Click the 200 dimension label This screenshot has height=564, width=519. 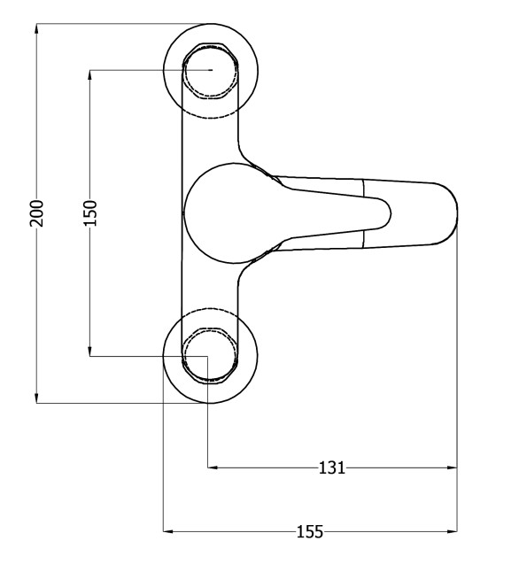36,213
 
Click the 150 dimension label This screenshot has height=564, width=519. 90,213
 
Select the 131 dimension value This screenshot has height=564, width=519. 332,468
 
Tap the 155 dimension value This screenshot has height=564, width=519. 310,531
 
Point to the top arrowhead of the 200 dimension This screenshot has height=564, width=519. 36,28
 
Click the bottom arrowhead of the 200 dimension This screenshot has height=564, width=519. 36,398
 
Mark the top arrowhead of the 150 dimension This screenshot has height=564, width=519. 90,75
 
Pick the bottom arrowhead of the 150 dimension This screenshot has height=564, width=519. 90,351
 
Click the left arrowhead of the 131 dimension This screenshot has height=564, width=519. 213,467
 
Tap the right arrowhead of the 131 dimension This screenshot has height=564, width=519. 452,467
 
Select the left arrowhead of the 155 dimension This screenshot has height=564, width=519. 169,531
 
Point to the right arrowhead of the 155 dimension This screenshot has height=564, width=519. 452,531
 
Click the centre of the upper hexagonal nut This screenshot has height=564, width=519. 211,70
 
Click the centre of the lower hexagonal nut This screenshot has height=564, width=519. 210,356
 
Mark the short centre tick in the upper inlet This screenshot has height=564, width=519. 211,70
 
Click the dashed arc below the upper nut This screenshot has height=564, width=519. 210,117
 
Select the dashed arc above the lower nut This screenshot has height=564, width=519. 210,309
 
